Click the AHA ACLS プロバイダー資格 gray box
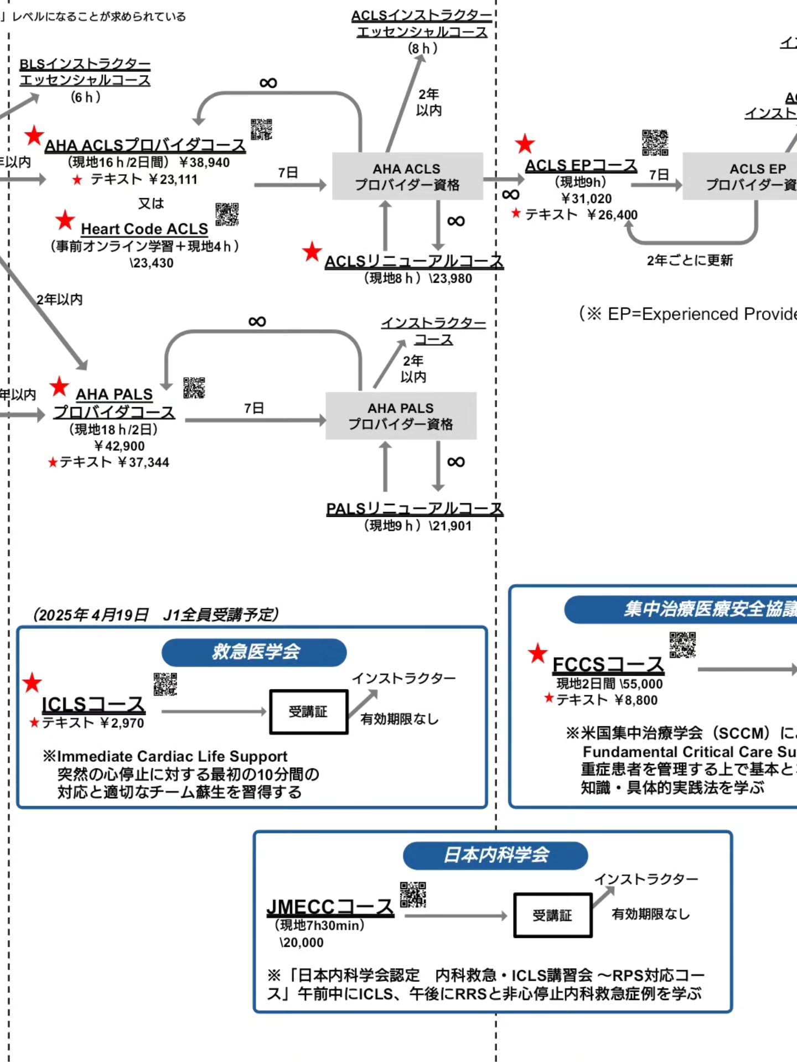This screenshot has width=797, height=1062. click(407, 176)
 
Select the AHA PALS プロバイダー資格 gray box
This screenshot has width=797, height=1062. click(401, 416)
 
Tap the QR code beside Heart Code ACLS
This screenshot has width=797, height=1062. click(227, 214)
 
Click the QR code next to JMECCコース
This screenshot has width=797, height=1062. click(413, 894)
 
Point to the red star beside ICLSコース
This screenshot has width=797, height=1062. click(32, 683)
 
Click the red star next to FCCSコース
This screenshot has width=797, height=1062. click(537, 653)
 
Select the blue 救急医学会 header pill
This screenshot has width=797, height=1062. click(254, 652)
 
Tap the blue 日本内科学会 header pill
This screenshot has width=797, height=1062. click(495, 855)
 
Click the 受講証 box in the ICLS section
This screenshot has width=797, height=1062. click(308, 712)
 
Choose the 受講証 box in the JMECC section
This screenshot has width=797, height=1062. click(552, 915)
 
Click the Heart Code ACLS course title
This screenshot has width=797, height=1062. click(144, 229)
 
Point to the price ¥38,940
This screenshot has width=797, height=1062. click(204, 163)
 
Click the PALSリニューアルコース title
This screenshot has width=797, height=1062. click(415, 508)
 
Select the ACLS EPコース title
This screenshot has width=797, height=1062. click(581, 165)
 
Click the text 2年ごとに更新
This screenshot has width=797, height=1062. click(690, 261)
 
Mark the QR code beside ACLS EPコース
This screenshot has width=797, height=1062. click(655, 143)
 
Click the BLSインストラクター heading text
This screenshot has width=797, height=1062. click(85, 64)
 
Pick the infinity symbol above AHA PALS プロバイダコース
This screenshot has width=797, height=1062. click(257, 321)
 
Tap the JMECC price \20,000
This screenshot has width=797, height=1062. click(302, 943)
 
